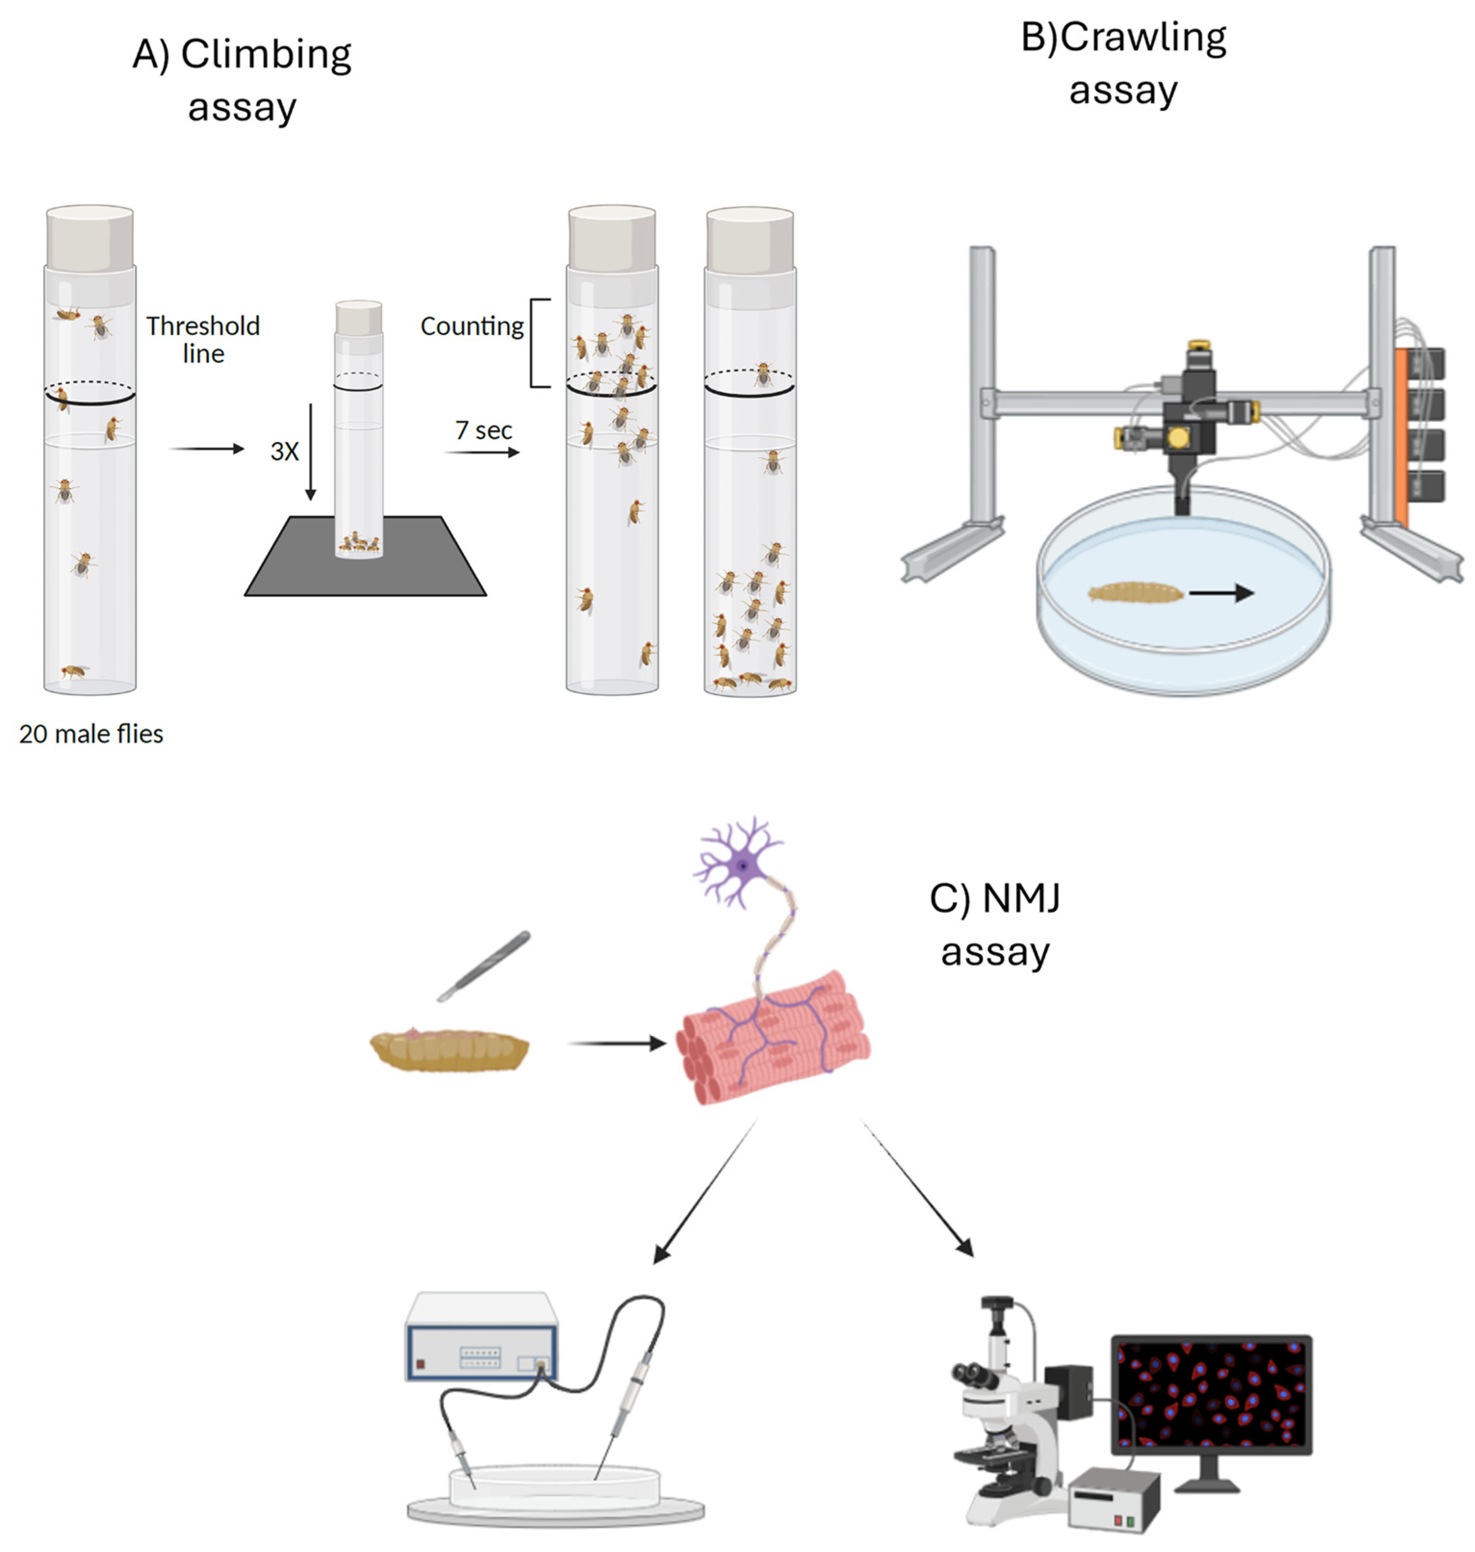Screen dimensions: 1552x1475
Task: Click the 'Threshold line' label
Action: (203, 339)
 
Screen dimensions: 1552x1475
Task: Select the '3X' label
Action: (284, 452)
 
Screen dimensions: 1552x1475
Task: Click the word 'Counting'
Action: (472, 326)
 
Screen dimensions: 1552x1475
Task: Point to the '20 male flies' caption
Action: (91, 734)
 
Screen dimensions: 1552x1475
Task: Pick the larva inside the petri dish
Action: (1134, 592)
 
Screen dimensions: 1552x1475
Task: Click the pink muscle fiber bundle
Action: (775, 1038)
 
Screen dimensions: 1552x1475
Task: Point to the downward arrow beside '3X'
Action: (311, 453)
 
